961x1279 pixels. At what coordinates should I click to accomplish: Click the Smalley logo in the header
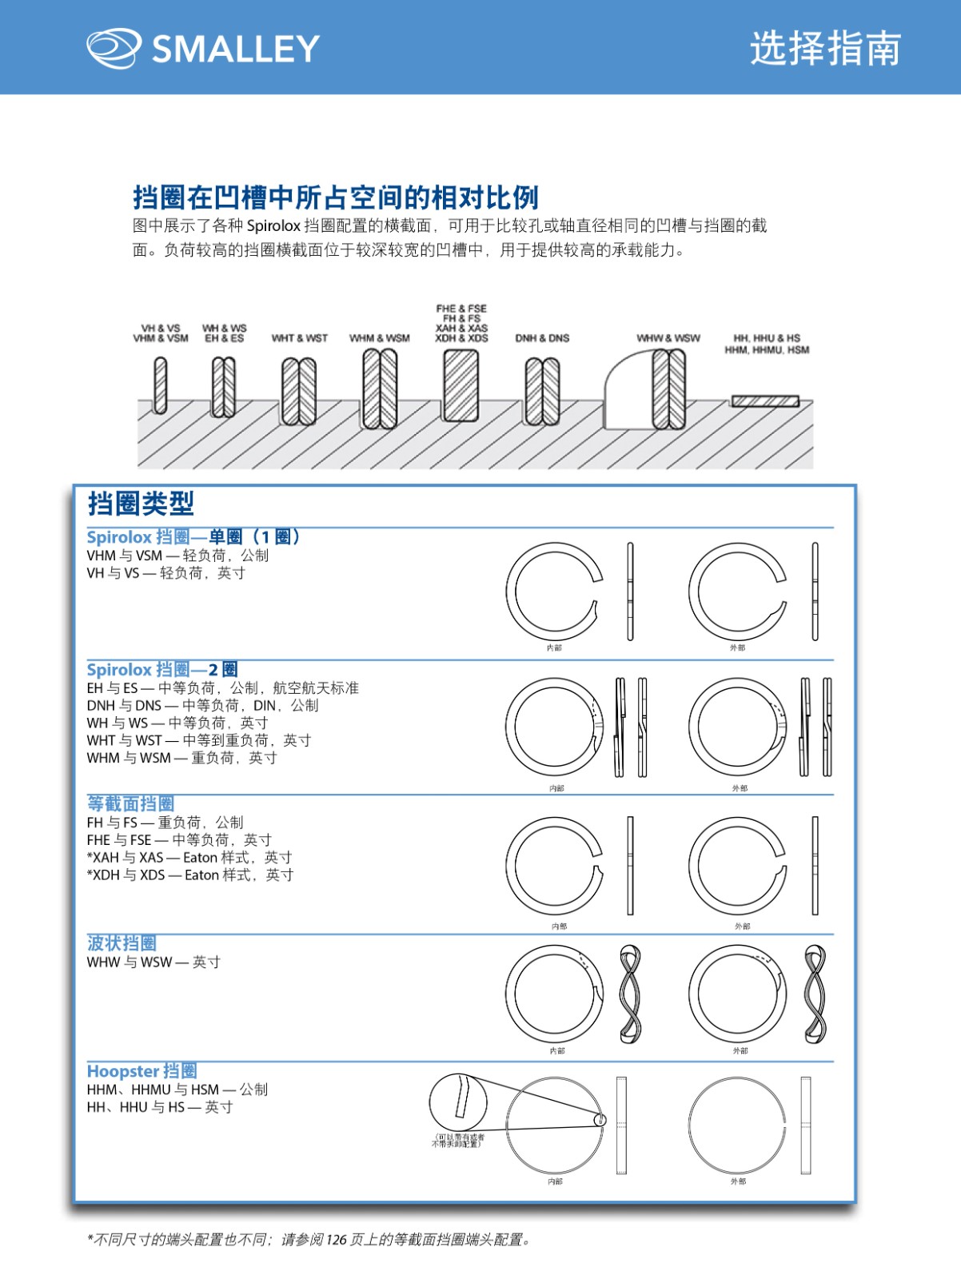tap(203, 48)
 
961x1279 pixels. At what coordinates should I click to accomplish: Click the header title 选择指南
tap(825, 48)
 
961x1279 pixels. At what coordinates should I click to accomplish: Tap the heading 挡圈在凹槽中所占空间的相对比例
tap(336, 197)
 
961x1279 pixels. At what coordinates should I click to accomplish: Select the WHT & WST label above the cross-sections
tap(300, 338)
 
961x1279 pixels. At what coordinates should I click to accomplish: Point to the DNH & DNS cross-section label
tap(542, 338)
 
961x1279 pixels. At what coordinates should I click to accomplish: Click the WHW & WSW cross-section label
tap(668, 338)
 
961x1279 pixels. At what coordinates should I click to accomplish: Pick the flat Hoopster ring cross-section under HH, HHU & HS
tap(765, 401)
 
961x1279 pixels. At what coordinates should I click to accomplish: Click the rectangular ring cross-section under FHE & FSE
tap(461, 386)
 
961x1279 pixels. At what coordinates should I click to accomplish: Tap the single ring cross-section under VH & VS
tap(161, 385)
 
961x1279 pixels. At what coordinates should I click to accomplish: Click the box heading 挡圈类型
tap(141, 504)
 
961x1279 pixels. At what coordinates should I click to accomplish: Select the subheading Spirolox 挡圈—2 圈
tap(162, 670)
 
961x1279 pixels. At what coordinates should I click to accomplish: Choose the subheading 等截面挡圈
tap(130, 803)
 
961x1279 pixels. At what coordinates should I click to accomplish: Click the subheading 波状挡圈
tap(122, 943)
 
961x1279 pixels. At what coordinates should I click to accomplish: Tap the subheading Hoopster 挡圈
tap(142, 1071)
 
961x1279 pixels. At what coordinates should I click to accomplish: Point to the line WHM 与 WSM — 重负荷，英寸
tap(182, 758)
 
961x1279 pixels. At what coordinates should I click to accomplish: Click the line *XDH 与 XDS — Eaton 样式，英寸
tap(190, 875)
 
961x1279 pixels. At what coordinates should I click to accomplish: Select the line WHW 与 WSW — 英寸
tap(154, 962)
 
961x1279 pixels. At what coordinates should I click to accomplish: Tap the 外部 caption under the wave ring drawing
tap(740, 1050)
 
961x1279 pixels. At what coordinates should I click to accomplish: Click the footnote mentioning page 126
tap(309, 1240)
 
